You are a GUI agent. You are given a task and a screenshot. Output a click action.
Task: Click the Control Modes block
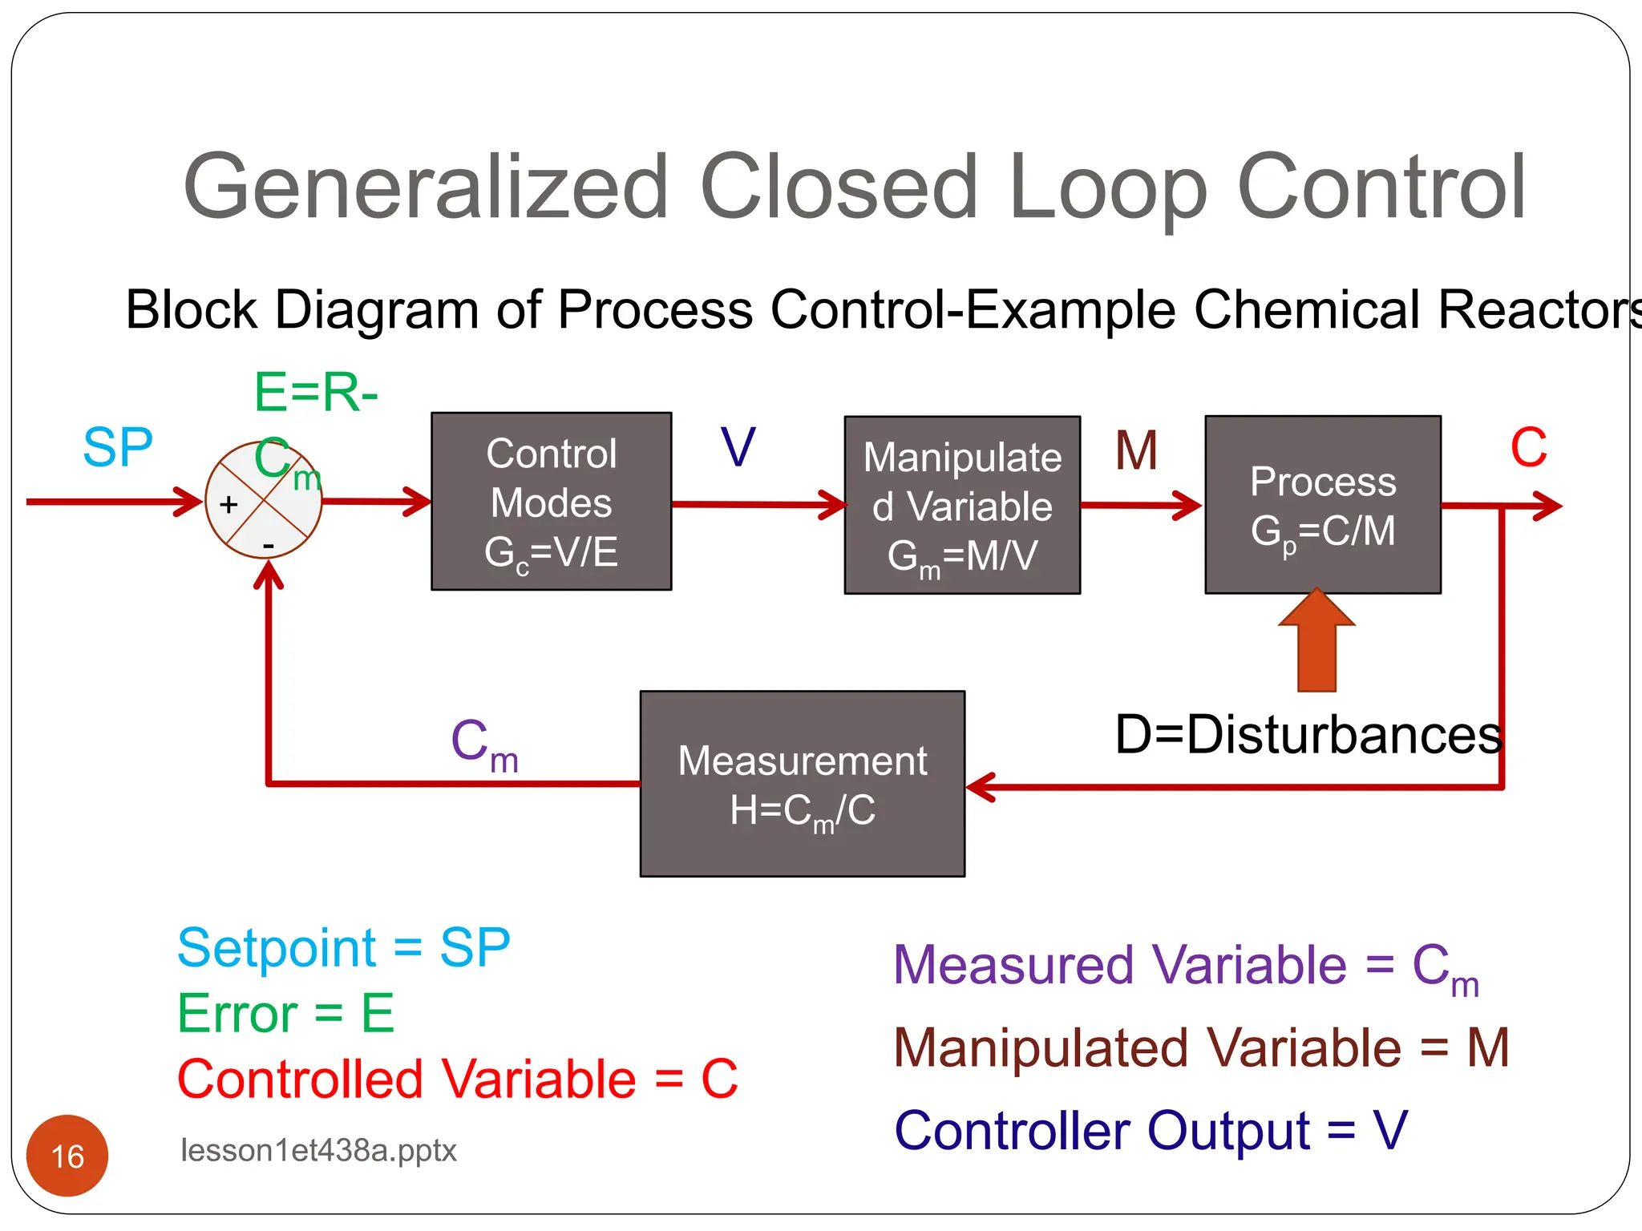tap(551, 502)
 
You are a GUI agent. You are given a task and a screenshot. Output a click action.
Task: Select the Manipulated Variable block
tap(962, 505)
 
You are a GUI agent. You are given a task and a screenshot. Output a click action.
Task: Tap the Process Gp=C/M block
tap(1323, 505)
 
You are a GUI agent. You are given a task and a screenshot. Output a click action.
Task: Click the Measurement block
tap(802, 784)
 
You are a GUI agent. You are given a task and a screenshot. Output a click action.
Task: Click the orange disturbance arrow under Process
tap(1316, 641)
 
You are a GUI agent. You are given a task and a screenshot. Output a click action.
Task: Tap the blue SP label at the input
tap(118, 447)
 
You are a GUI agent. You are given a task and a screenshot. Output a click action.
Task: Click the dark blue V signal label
tap(738, 447)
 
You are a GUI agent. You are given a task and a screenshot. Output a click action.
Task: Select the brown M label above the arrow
tap(1136, 450)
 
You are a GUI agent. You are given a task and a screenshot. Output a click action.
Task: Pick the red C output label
tap(1528, 447)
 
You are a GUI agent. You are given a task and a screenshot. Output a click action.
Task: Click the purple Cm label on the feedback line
tap(484, 744)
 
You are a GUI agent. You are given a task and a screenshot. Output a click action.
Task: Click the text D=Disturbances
tap(1308, 734)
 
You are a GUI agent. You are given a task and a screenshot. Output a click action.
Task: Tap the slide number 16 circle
tap(67, 1156)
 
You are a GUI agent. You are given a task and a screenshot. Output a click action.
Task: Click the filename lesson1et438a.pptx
tap(318, 1151)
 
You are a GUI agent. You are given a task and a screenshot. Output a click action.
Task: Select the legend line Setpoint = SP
tap(343, 947)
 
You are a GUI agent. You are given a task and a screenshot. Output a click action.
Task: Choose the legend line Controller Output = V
tap(1151, 1130)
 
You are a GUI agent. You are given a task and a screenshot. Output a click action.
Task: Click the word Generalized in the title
tap(425, 188)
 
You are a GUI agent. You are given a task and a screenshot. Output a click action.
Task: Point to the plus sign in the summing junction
tap(229, 504)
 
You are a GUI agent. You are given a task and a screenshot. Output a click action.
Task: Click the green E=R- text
tap(316, 393)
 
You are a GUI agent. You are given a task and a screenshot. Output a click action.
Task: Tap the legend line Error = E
tap(285, 1013)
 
